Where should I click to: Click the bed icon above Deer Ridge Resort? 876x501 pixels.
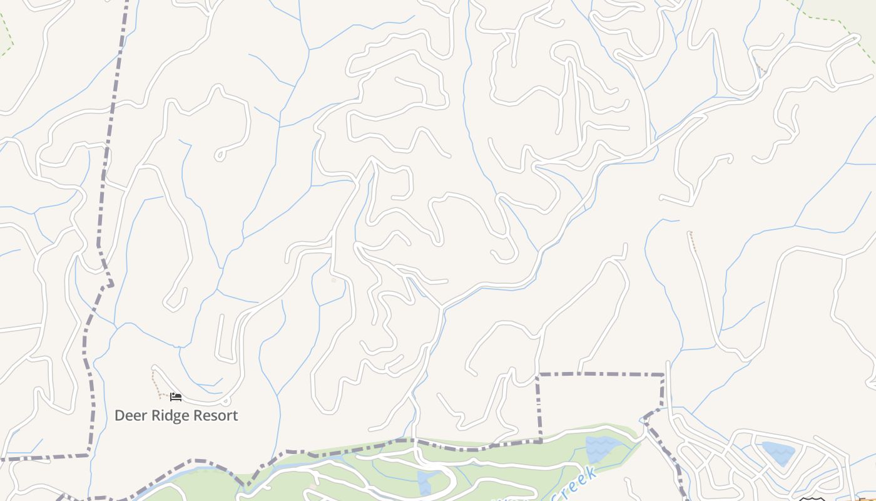point(176,397)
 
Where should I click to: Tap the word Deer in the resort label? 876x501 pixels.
point(129,416)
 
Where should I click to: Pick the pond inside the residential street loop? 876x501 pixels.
point(778,452)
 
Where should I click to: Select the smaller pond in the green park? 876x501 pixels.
point(425,482)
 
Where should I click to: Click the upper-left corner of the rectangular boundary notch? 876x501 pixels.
point(538,374)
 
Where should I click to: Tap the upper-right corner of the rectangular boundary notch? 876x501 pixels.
point(663,375)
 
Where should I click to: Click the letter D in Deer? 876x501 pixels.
point(120,416)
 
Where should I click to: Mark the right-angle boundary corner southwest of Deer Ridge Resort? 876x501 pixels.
point(88,455)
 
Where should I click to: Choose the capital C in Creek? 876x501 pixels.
point(556,495)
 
